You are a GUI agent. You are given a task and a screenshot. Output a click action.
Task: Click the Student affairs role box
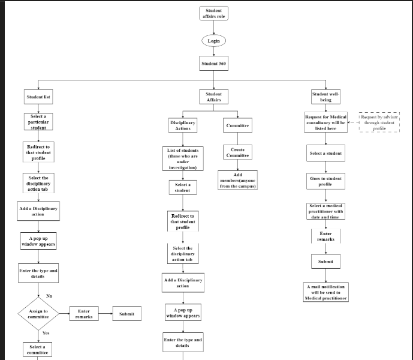click(x=213, y=14)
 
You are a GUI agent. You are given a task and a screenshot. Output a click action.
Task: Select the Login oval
click(x=213, y=41)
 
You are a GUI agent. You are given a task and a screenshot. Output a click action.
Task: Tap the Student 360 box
click(x=213, y=63)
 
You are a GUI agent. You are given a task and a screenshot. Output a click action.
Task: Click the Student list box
click(x=38, y=97)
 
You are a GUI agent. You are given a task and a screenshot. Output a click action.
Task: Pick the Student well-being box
click(x=325, y=97)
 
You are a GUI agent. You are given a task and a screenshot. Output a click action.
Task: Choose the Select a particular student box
click(x=38, y=122)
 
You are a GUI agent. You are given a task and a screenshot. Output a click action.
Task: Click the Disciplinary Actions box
click(x=183, y=125)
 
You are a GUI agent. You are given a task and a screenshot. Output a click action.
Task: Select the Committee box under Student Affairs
click(x=237, y=126)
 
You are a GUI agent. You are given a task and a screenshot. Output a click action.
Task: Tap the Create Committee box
click(x=237, y=152)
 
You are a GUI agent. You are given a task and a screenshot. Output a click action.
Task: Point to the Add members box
click(x=238, y=181)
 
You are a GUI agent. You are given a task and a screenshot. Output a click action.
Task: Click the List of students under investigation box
click(x=183, y=158)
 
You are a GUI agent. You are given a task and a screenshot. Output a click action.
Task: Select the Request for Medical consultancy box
click(x=325, y=122)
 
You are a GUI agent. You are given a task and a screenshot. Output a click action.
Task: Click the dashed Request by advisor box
click(x=379, y=122)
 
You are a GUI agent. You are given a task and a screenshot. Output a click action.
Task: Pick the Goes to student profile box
click(x=325, y=181)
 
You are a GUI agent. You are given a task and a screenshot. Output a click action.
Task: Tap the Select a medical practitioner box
click(x=325, y=211)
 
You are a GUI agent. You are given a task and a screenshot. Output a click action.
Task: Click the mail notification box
click(x=325, y=292)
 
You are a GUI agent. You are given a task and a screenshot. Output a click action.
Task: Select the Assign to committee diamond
click(x=38, y=314)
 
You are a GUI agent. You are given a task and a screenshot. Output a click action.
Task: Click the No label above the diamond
click(x=49, y=296)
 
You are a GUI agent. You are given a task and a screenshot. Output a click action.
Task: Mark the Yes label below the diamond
click(x=46, y=332)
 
